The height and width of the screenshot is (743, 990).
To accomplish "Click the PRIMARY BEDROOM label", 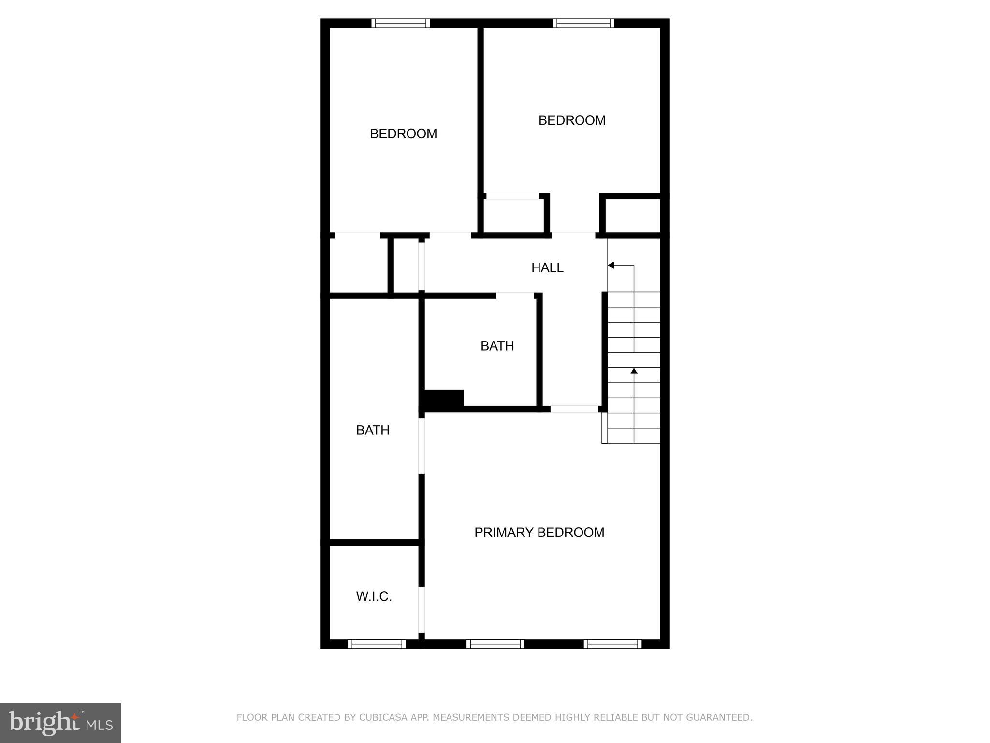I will tap(539, 532).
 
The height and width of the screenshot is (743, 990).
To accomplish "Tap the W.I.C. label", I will tap(374, 596).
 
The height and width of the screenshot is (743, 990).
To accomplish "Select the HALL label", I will tap(547, 267).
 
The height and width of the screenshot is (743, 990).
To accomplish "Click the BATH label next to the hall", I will tap(497, 346).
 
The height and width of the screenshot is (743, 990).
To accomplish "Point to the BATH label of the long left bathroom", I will tap(373, 430).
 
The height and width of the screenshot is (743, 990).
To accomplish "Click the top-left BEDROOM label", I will tap(403, 134).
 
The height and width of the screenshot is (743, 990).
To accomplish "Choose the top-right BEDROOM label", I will tap(572, 120).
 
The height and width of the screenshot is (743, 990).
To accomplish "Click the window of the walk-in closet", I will tap(377, 644).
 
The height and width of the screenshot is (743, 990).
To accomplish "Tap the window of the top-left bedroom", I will tap(400, 23).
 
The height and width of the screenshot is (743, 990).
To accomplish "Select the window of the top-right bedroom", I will tap(583, 23).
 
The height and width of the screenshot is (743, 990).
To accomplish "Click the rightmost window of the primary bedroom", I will tap(612, 644).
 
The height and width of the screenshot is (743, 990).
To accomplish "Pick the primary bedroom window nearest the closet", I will tap(495, 644).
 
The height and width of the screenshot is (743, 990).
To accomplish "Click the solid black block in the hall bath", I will tap(444, 399).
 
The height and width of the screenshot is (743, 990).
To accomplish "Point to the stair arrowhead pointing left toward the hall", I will tap(611, 265).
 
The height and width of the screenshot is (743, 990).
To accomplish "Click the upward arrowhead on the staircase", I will tap(634, 371).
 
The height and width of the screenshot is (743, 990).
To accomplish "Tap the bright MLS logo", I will tap(60, 723).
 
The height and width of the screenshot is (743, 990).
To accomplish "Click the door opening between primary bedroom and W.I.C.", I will tap(422, 609).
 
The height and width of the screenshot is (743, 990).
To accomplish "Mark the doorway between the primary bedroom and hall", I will tap(574, 409).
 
